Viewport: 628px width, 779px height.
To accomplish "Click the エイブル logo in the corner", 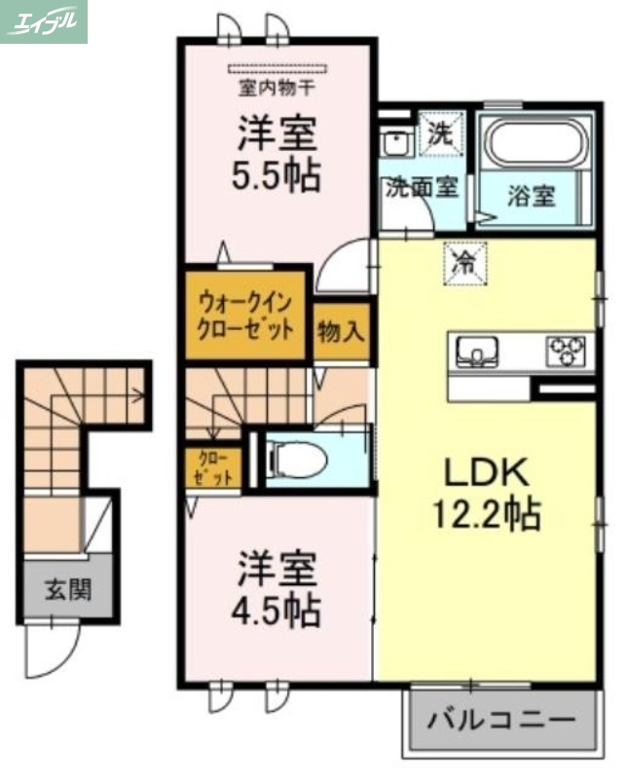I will click(x=44, y=21).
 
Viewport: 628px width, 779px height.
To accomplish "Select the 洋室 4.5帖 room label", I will click(x=276, y=590).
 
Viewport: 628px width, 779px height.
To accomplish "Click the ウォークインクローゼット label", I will click(x=245, y=315).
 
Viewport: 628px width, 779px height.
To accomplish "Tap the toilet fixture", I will click(x=292, y=458).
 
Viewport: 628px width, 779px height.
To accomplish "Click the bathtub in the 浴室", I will click(x=536, y=145).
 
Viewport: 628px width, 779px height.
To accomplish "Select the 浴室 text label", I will click(x=531, y=196).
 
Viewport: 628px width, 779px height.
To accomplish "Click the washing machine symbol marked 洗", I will click(x=443, y=135).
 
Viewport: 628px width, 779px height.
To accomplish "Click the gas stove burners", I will click(x=569, y=348).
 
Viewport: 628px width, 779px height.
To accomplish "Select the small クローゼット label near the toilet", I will click(x=212, y=467).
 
